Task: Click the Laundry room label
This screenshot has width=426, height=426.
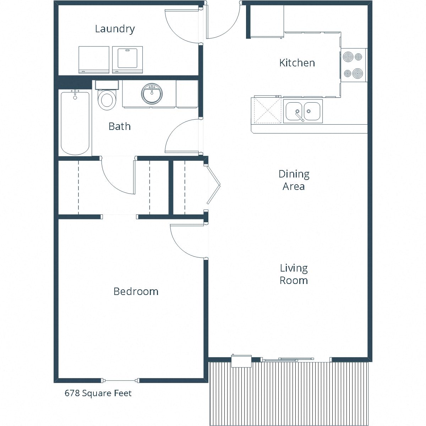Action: [115, 29]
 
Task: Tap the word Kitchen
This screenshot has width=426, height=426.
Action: [297, 63]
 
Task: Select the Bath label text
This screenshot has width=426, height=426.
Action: [120, 126]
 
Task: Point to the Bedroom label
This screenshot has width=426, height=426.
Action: [136, 291]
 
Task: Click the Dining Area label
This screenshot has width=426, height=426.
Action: [294, 180]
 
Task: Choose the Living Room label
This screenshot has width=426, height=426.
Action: [294, 274]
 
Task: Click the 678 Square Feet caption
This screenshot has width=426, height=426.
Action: [98, 393]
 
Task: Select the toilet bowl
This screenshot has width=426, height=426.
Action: [106, 99]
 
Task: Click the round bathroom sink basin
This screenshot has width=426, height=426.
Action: [152, 94]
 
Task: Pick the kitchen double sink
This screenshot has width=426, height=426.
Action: [303, 111]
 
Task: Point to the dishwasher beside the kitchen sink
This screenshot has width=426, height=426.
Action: [267, 111]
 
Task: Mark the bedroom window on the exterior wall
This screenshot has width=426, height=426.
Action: [120, 381]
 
